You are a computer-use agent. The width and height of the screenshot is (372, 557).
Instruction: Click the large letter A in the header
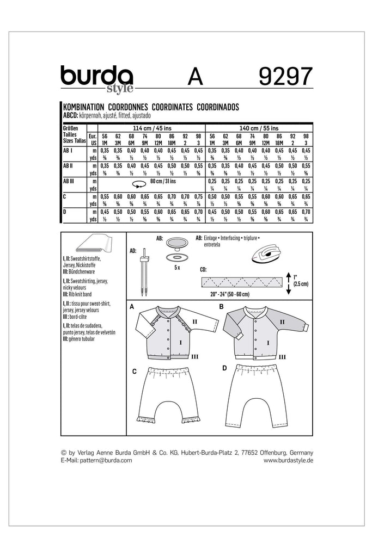pyautogui.click(x=197, y=77)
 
